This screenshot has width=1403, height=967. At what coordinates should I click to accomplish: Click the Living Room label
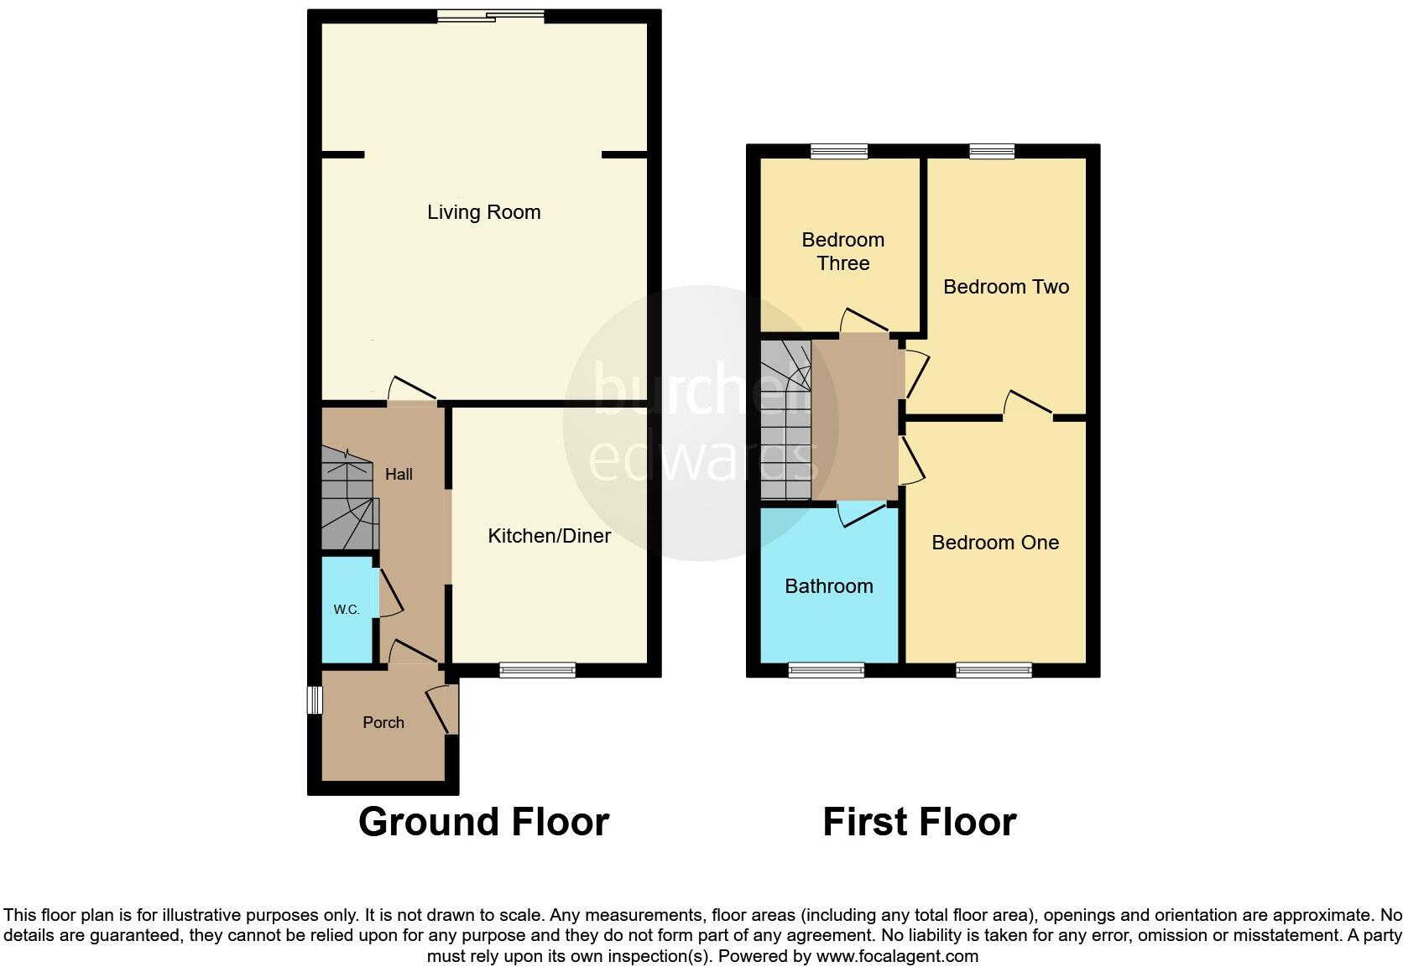click(483, 212)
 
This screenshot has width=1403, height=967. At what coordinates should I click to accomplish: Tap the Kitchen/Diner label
click(549, 536)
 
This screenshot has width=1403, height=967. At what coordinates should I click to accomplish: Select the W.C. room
click(347, 610)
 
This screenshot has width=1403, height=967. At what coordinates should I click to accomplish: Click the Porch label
click(383, 722)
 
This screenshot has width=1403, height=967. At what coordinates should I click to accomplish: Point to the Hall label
click(399, 475)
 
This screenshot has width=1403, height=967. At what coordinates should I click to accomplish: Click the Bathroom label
click(828, 586)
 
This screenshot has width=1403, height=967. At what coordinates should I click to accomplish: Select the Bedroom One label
click(995, 543)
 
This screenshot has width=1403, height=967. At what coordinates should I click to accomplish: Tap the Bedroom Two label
click(1005, 287)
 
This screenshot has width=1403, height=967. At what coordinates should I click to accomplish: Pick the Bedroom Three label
click(842, 252)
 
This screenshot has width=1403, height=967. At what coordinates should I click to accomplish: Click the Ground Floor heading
click(483, 822)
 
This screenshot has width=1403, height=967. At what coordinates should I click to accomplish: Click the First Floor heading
click(919, 822)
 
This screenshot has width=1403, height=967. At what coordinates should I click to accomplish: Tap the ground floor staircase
click(347, 500)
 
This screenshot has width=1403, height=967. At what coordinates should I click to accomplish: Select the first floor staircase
click(785, 419)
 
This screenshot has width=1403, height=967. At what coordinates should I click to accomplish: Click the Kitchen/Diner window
click(537, 669)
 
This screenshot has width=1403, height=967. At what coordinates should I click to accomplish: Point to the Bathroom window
click(826, 669)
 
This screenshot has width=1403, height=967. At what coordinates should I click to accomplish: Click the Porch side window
click(315, 700)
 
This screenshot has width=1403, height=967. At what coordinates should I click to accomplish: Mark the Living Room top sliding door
click(491, 15)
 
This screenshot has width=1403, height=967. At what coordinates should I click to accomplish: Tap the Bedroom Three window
click(839, 151)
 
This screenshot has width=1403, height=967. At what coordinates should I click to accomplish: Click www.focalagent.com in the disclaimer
click(897, 956)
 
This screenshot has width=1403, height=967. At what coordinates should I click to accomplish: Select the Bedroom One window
click(994, 669)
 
